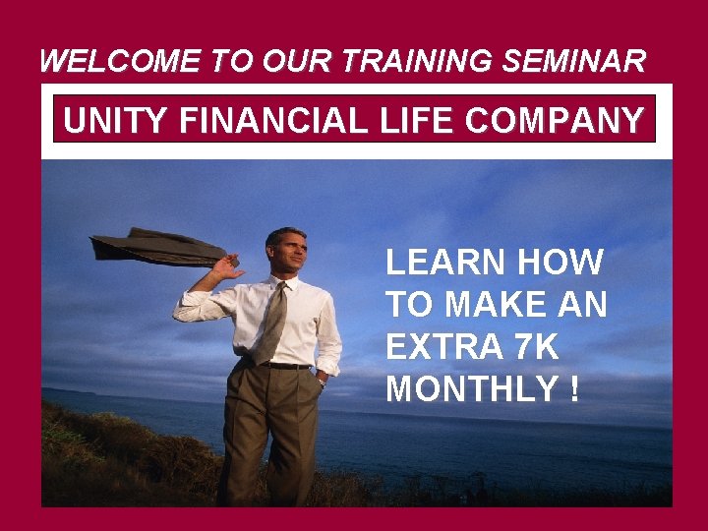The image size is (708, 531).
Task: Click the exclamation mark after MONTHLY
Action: pyautogui.click(x=573, y=389)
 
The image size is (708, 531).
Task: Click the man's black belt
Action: pyautogui.click(x=285, y=366)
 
